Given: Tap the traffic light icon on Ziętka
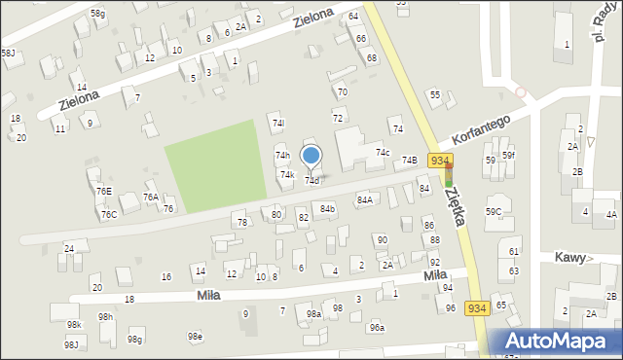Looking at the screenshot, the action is [449, 175].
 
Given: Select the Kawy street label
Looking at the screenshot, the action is [570, 258].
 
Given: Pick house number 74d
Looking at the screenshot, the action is [311, 181].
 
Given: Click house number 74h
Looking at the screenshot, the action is [282, 156].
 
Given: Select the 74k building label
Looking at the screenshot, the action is [287, 175].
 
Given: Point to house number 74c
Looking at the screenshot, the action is [384, 153].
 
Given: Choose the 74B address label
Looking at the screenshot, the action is [410, 160].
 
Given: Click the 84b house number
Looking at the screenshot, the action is [328, 209].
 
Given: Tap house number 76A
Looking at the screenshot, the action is [151, 197].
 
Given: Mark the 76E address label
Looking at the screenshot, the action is [103, 192].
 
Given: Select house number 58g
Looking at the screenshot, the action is [98, 13].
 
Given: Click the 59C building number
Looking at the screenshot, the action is [494, 211].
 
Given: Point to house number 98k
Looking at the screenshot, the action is [74, 324].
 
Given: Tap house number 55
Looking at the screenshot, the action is [435, 94].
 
